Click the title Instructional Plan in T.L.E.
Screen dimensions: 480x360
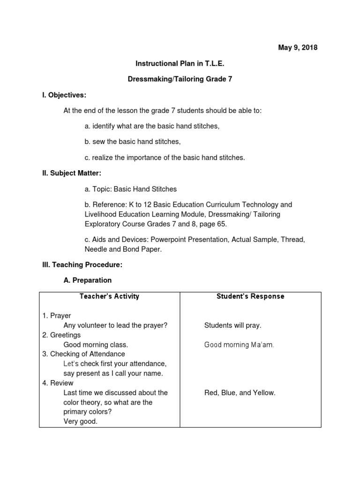tap(180, 63)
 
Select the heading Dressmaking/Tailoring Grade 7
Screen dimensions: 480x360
tap(180, 79)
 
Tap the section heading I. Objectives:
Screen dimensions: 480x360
tap(64, 95)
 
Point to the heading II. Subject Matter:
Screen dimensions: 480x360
tap(72, 173)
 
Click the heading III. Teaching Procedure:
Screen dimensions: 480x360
tap(82, 265)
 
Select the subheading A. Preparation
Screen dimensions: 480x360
tap(87, 280)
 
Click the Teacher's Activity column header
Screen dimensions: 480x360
tap(109, 296)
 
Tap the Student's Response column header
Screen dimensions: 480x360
tap(250, 296)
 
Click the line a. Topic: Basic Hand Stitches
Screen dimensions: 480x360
tap(131, 189)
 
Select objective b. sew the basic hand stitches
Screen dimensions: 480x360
tap(133, 142)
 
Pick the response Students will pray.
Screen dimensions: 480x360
tap(233, 325)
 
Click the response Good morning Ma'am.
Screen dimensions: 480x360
tap(239, 345)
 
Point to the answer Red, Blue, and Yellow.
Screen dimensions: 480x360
tap(240, 393)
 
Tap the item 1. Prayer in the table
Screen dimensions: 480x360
tap(57, 316)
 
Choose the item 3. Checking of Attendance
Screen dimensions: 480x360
tap(83, 354)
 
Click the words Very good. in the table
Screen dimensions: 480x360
tap(81, 421)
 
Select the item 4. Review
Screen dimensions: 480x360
tap(58, 383)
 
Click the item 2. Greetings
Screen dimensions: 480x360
tap(61, 335)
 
